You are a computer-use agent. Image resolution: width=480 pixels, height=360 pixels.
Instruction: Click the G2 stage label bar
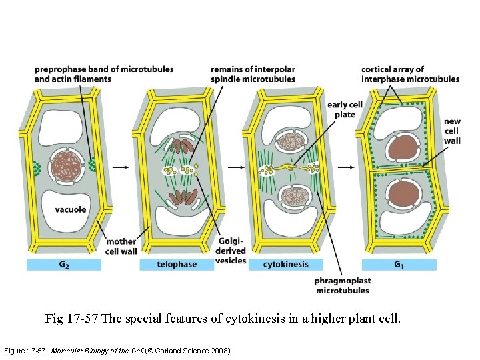click(63, 265)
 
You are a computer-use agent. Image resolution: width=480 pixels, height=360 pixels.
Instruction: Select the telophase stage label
click(177, 265)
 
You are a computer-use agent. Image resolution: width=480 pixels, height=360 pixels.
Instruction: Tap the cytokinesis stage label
click(287, 265)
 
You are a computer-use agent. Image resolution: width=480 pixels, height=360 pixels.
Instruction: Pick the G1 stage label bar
click(399, 265)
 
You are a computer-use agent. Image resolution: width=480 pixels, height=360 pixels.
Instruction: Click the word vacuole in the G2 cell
click(71, 209)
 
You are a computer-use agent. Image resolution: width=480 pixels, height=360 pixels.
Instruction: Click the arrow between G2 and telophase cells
click(120, 167)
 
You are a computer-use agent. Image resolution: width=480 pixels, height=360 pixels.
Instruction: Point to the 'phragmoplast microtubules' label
click(342, 286)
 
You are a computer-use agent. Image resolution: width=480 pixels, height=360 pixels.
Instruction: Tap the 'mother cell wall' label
click(121, 246)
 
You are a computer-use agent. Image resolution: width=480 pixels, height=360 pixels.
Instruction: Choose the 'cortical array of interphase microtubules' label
click(410, 74)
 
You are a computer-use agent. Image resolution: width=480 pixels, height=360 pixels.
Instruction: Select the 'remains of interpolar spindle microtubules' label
click(253, 74)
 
